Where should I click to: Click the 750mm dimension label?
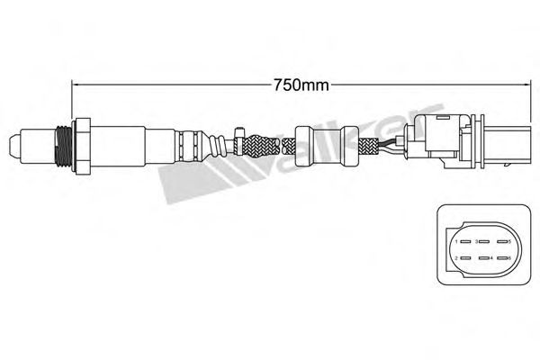301,87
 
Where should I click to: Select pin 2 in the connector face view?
458,259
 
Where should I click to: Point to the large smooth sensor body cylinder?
117,143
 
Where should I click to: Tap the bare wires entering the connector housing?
391,143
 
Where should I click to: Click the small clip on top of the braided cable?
238,132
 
